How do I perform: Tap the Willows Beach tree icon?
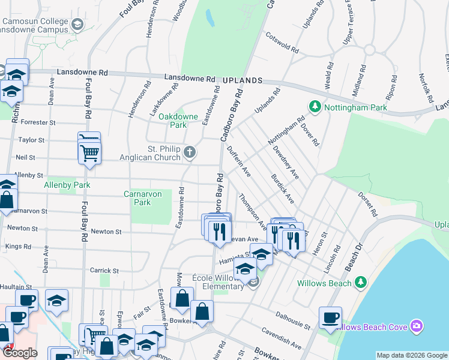pos(360,282)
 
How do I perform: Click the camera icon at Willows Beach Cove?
pos(417,326)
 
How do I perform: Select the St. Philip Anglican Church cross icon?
pos(190,152)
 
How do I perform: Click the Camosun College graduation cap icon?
pos(77,24)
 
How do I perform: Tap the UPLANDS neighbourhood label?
pos(243,80)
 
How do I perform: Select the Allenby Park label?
pos(67,185)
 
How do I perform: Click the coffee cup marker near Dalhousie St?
pos(330,317)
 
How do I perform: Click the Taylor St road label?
pos(32,140)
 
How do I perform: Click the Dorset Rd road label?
pos(368,204)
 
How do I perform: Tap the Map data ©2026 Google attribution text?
pos(412,355)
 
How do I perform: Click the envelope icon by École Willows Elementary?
pos(254,282)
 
